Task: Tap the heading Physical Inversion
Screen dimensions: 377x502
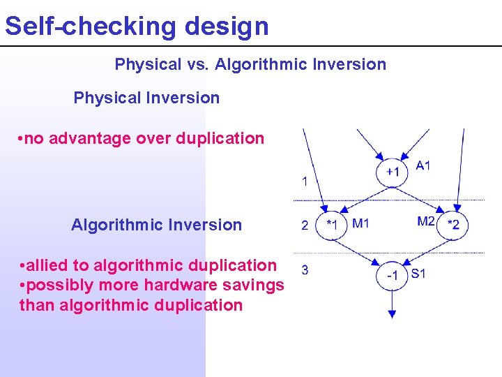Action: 146,98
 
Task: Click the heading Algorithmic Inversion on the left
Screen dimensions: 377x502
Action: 156,225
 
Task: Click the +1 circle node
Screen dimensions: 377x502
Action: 393,172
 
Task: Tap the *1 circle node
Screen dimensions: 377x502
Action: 332,225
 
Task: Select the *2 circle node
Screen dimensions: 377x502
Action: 453,225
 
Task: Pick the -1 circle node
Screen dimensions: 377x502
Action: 392,275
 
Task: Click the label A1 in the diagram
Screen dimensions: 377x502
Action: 423,165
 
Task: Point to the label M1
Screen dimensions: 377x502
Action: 360,223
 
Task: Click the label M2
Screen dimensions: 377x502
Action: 426,221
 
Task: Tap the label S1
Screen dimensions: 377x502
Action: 418,274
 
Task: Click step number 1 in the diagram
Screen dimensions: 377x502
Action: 305,182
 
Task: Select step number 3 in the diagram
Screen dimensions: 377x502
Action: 305,269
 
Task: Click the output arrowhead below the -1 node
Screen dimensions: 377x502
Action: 392,313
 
